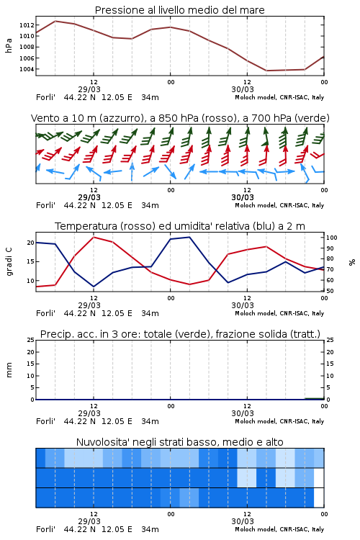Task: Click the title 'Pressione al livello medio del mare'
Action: (180, 10)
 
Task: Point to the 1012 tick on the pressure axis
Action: (27, 24)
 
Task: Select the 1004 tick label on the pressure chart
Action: (27, 69)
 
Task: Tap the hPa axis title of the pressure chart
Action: (9, 45)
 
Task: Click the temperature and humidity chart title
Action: (180, 226)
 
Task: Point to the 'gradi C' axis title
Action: (9, 262)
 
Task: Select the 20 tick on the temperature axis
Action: (31, 243)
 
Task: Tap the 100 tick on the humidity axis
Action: (332, 238)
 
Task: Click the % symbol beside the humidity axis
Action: (352, 262)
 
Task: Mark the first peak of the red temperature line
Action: (94, 237)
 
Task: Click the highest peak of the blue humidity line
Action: (189, 237)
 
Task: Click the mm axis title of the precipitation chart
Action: (9, 370)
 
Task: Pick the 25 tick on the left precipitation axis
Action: (31, 340)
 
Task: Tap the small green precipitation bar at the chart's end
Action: (315, 398)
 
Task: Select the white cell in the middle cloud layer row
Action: (319, 477)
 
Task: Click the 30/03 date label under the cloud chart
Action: (243, 521)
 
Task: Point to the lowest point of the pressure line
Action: (266, 71)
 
